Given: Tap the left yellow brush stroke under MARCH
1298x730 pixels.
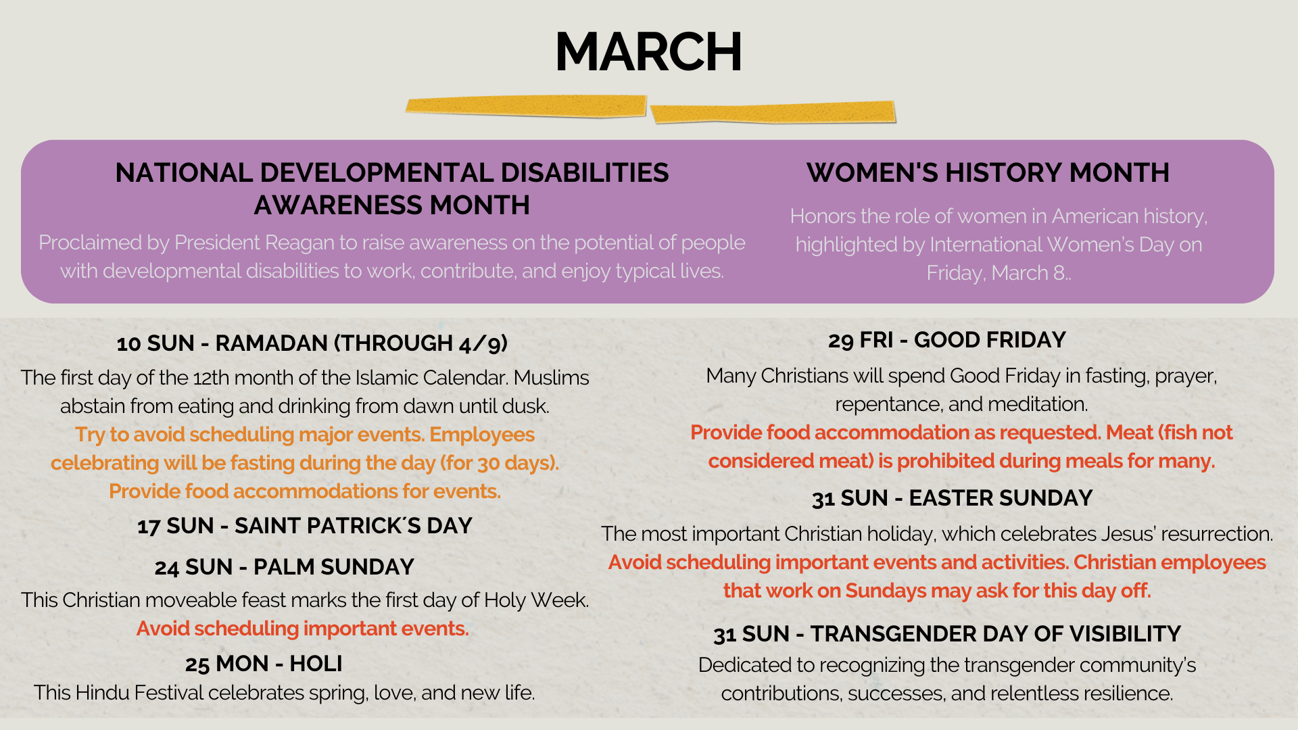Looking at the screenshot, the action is tap(526, 106).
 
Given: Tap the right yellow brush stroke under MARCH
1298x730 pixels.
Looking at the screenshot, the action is tap(773, 112).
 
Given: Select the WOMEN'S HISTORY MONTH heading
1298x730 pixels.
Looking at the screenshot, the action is tap(988, 173).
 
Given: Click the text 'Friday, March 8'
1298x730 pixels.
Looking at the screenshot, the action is tap(996, 273).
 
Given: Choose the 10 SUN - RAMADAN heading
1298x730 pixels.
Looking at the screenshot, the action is tap(312, 343).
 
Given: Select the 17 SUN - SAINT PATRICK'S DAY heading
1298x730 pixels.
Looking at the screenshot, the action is tap(305, 526).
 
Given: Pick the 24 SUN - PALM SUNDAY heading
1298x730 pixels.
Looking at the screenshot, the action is tap(284, 567).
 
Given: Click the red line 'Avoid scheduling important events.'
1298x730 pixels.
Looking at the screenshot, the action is tap(302, 629).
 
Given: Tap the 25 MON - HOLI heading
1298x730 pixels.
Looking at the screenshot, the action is tap(264, 664).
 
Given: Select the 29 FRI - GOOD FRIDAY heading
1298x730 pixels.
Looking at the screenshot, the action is tap(947, 340).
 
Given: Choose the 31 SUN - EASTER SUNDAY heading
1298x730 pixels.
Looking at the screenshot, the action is tap(952, 498).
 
